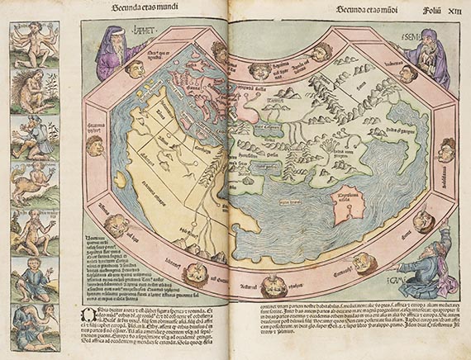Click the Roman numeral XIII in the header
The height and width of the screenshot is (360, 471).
[x=453, y=10]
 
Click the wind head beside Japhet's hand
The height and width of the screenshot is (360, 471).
[x=134, y=70]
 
